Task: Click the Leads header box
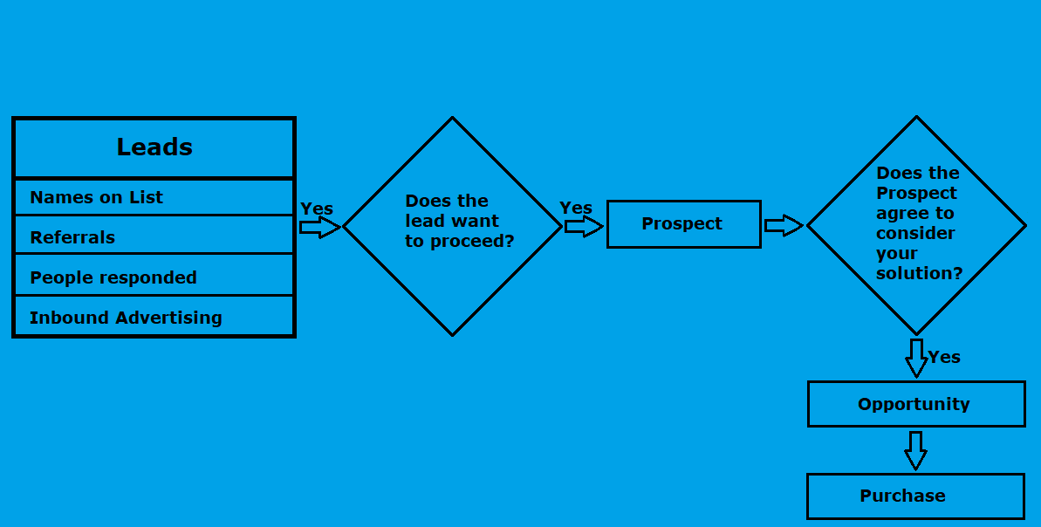point(154,148)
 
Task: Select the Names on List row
point(154,197)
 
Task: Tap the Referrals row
point(154,236)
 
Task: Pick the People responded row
point(154,277)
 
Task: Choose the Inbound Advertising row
point(154,317)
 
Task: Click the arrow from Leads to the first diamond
point(319,228)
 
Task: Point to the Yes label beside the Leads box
point(317,209)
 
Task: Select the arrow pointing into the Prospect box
point(583,227)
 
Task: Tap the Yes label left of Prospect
point(576,208)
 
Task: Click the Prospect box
point(683,224)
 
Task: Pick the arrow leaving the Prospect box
point(783,226)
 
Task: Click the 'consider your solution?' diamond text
point(918,223)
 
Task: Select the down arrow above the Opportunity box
point(915,358)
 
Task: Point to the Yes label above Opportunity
point(944,357)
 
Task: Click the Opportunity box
point(915,404)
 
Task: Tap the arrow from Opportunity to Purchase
point(914,450)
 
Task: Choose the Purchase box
point(914,496)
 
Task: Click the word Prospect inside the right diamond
point(916,193)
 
